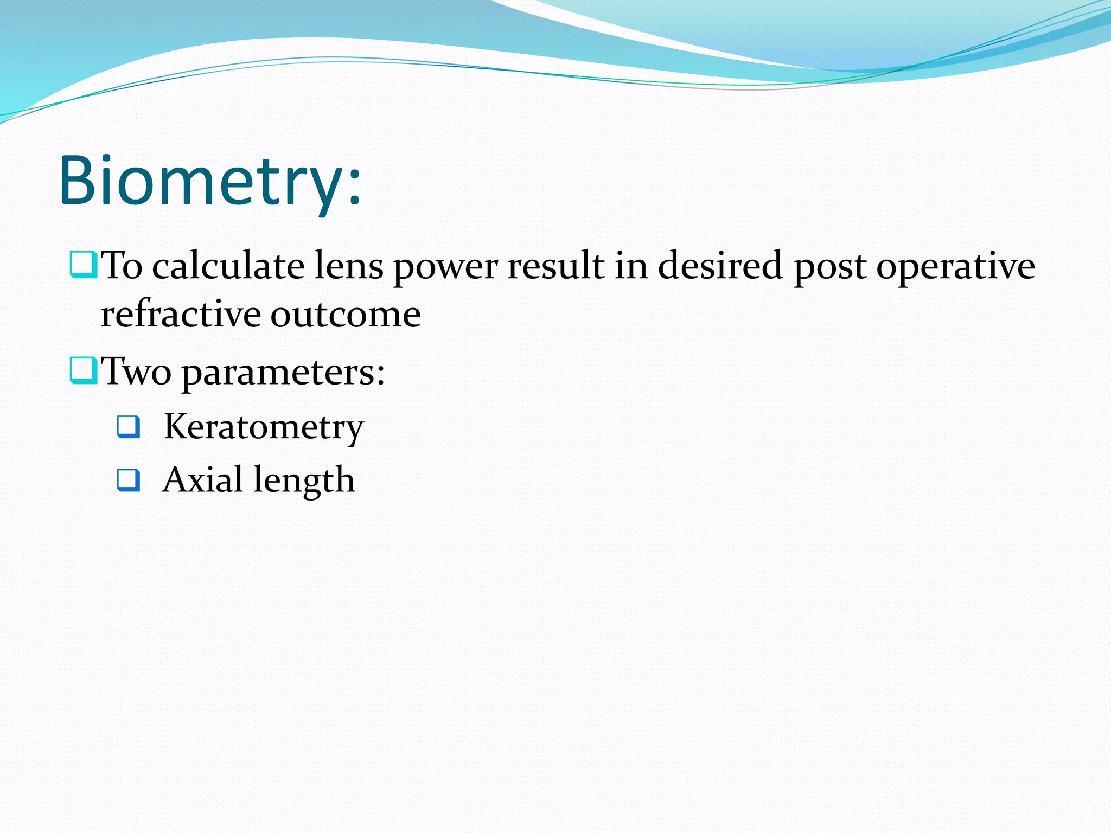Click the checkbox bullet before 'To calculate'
[83, 264]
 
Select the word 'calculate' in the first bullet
[228, 266]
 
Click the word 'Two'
[137, 372]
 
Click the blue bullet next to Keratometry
[129, 427]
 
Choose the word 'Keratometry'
[264, 428]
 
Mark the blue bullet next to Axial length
[129, 480]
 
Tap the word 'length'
[304, 482]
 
